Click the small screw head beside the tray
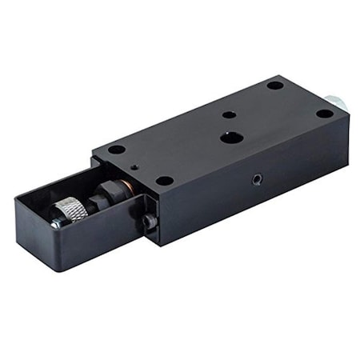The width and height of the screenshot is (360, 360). pyautogui.click(x=149, y=222)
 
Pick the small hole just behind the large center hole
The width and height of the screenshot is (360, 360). pyautogui.click(x=229, y=114)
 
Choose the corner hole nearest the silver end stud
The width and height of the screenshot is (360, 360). pyautogui.click(x=323, y=114)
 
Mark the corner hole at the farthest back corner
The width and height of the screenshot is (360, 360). pyautogui.click(x=274, y=85)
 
